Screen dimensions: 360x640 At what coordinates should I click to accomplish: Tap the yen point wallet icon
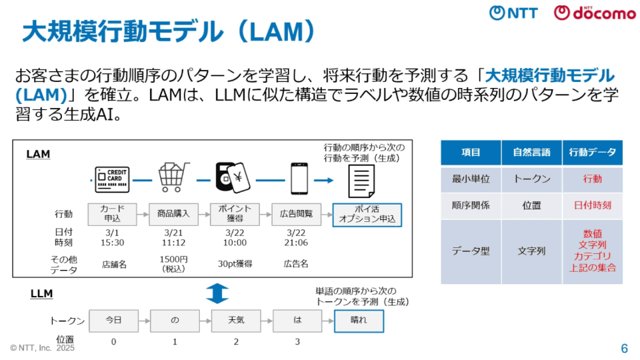(233, 177)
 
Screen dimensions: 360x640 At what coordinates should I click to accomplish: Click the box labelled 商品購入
(173, 214)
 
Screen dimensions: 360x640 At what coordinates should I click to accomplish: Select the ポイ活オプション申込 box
(367, 214)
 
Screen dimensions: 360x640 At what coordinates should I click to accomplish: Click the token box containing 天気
(235, 321)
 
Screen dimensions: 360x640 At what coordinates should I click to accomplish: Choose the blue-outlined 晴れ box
(359, 321)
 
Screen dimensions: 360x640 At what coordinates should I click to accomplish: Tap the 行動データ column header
(592, 153)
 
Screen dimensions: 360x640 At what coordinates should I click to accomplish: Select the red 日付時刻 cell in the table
(592, 205)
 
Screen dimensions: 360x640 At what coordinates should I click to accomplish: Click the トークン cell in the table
(531, 179)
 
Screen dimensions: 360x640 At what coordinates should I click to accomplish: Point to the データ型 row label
(471, 251)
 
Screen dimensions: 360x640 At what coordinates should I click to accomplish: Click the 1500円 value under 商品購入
(173, 259)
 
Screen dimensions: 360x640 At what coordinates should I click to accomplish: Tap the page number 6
(624, 348)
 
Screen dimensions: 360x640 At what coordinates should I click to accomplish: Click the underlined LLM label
(41, 293)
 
